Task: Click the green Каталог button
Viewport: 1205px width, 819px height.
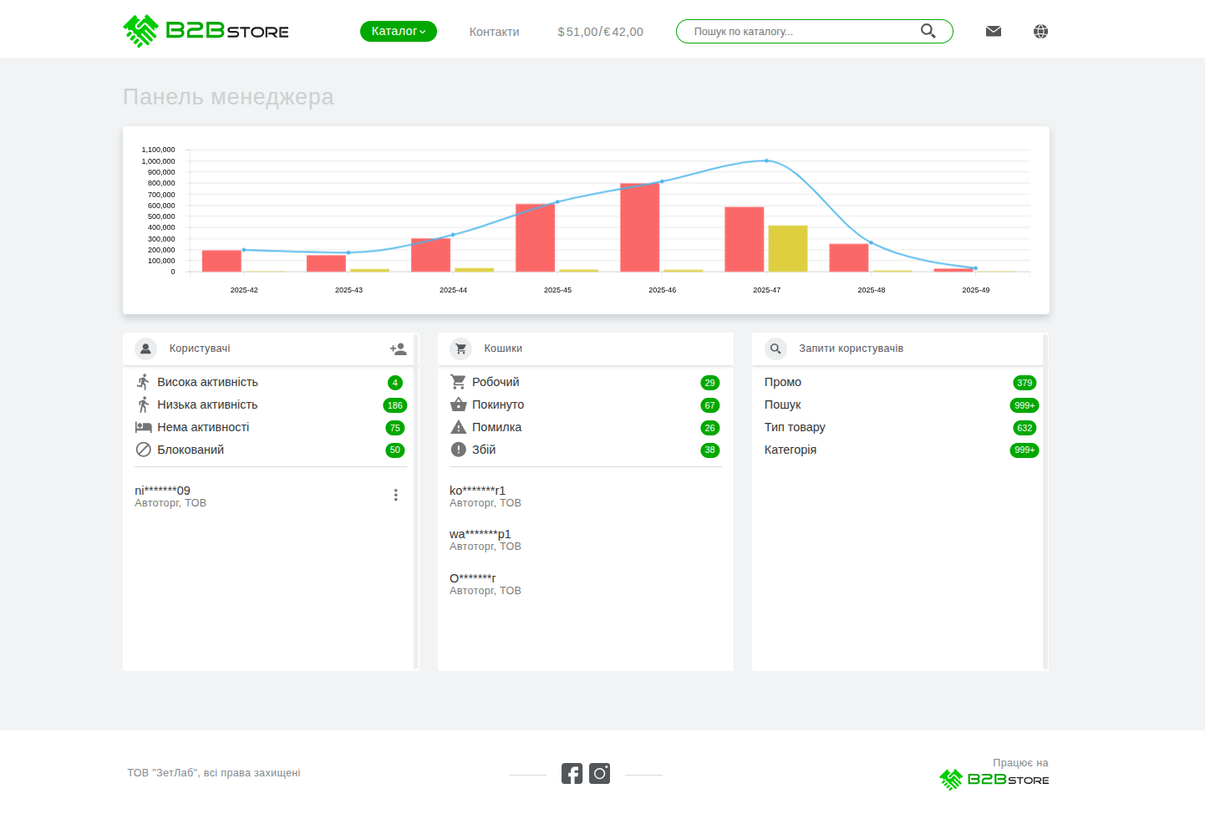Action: click(x=398, y=32)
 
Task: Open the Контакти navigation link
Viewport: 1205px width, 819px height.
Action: click(x=494, y=32)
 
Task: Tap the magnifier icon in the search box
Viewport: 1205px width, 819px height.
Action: click(x=928, y=31)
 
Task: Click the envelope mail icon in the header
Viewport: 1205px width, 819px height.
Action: click(x=993, y=31)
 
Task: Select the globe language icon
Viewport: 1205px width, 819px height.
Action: click(x=1040, y=31)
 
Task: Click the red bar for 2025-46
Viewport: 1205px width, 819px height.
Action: click(x=639, y=227)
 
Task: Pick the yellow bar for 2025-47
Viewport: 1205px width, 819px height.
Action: click(x=787, y=248)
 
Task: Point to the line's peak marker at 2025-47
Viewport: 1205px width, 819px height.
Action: click(x=766, y=160)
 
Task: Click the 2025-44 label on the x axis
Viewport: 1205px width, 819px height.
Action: click(x=453, y=290)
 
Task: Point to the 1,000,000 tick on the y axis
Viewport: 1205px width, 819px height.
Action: click(x=158, y=161)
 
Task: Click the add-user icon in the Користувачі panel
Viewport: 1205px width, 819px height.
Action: click(x=398, y=348)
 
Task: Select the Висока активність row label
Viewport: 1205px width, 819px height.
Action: click(x=207, y=382)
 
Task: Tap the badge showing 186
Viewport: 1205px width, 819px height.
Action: click(x=394, y=405)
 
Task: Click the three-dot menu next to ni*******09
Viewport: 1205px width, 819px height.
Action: click(x=395, y=495)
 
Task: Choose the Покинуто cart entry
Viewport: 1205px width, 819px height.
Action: click(x=498, y=404)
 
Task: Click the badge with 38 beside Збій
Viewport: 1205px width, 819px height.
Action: click(x=709, y=450)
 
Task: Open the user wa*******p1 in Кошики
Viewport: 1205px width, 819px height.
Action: click(x=480, y=534)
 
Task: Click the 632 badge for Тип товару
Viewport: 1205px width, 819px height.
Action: click(x=1025, y=428)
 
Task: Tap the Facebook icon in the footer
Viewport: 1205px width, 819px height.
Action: click(x=572, y=773)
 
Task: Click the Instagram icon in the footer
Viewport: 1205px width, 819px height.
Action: click(x=599, y=773)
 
